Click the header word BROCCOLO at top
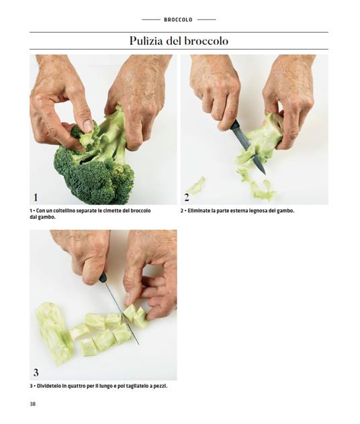click(178, 19)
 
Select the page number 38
click(33, 404)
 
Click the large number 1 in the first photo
click(36, 197)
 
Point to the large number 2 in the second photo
click(187, 197)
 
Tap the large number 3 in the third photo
click(36, 372)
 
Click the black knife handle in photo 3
click(103, 277)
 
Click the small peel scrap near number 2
click(197, 184)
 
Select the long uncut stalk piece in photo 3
click(54, 332)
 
